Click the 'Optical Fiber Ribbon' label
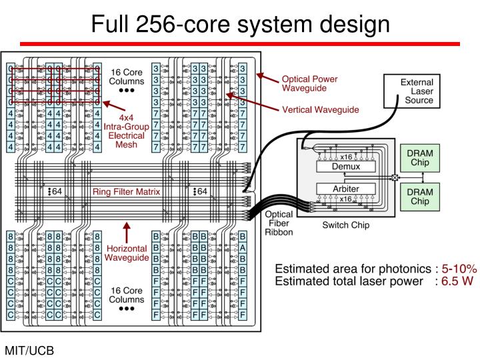[279, 224]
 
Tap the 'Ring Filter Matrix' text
[127, 192]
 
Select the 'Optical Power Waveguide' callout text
[309, 83]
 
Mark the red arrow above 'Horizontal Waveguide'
[127, 233]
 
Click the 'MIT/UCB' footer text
[29, 350]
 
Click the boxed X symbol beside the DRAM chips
[395, 177]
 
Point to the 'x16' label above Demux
[346, 157]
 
